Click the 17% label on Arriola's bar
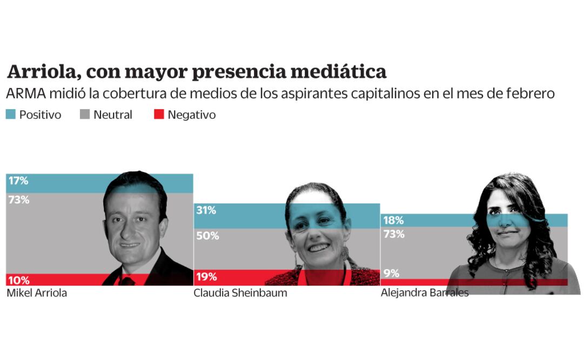[x=17, y=181]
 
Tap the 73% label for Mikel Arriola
[x=19, y=199]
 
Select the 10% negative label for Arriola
[x=18, y=280]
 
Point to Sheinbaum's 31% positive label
[x=206, y=211]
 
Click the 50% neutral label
[x=207, y=236]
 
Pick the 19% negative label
[x=206, y=277]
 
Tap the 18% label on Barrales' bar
[x=393, y=221]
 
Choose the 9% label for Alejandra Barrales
[x=391, y=274]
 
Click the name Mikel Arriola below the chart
[x=37, y=294]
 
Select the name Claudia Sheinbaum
[x=240, y=294]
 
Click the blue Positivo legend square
[x=10, y=115]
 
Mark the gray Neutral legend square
[x=85, y=115]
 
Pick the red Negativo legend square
[x=158, y=115]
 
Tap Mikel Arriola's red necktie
[x=128, y=280]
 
